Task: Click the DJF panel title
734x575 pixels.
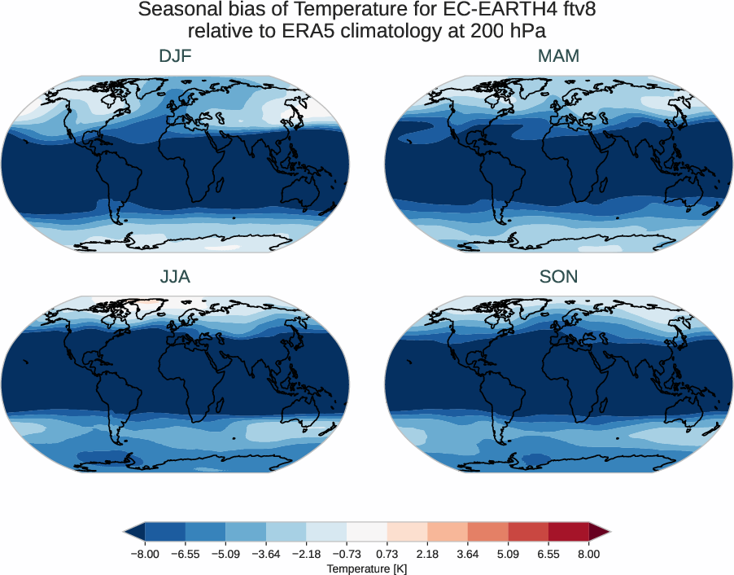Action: pos(175,56)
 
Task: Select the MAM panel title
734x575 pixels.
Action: pos(558,56)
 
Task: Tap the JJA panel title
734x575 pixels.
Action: pos(175,277)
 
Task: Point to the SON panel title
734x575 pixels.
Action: pos(558,277)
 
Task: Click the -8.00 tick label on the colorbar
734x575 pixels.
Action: pos(145,554)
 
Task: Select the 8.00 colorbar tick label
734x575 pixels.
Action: pos(588,554)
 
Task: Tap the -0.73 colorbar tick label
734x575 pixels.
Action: pos(347,554)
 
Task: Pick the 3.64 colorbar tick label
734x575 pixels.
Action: pos(468,554)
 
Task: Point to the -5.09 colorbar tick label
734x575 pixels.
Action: pos(225,554)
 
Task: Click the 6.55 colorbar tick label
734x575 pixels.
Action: pos(548,554)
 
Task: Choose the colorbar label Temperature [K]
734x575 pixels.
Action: pos(366,568)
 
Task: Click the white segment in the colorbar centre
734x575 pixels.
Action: pos(366,533)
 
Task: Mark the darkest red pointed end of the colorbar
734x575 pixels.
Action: pos(598,533)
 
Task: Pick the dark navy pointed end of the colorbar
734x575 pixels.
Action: pos(133,533)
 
